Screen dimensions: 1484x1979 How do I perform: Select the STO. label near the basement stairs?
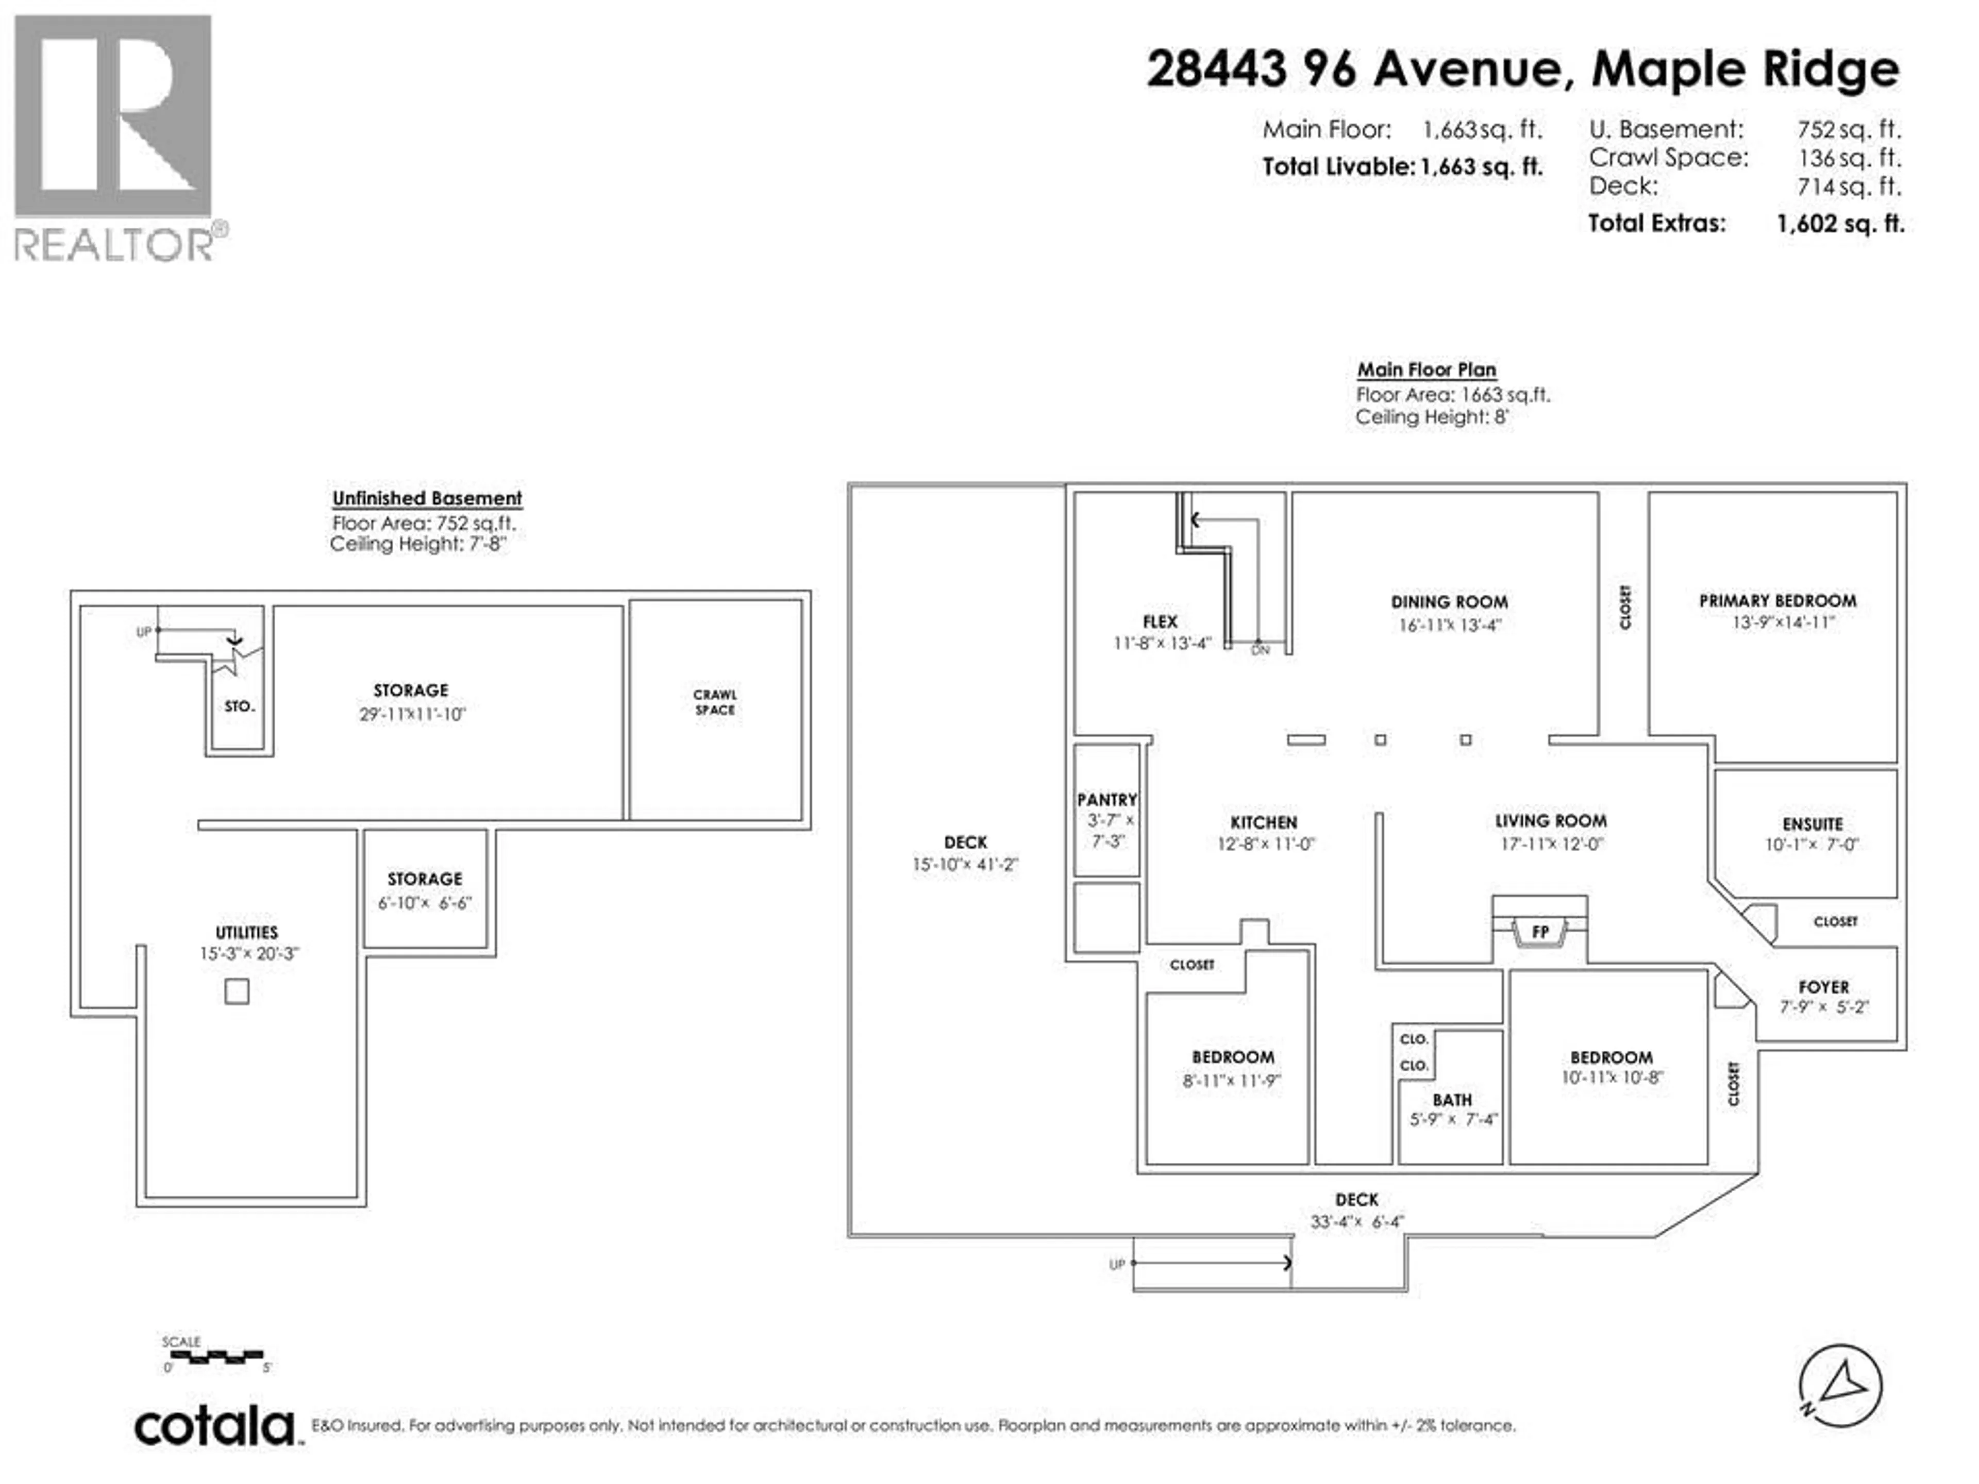coord(239,706)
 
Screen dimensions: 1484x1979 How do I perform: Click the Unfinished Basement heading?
coord(427,498)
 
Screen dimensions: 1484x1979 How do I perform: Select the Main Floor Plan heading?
coord(1426,369)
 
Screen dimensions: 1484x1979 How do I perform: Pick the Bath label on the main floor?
coord(1452,1100)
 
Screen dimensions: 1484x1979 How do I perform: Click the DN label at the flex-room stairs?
coord(1260,650)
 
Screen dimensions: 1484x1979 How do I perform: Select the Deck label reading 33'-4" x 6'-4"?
coord(1356,1222)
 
